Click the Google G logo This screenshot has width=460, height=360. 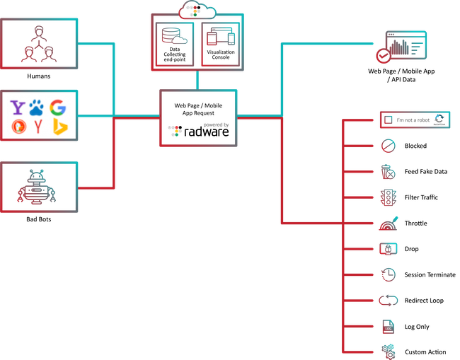point(58,108)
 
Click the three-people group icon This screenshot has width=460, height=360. point(38,43)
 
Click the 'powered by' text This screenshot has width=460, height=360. point(215,124)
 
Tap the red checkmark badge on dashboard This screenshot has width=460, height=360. point(383,57)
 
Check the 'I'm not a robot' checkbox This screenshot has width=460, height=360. point(388,120)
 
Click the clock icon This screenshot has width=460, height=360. point(388,274)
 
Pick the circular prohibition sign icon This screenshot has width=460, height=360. point(388,146)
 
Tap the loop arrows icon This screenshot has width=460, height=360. point(388,300)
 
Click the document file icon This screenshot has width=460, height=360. point(388,326)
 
